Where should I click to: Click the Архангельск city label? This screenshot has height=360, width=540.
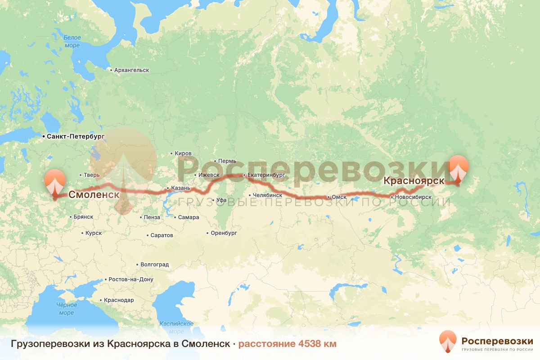tap(131, 70)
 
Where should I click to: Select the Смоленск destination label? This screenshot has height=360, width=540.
tap(94, 195)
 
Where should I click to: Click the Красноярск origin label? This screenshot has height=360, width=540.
tap(414, 181)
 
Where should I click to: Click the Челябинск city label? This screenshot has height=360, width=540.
tap(268, 195)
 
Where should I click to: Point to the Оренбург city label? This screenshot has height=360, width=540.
tap(224, 233)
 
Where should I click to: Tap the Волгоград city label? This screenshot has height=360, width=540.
tap(155, 265)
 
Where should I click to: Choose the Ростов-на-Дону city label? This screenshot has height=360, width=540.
tap(130, 279)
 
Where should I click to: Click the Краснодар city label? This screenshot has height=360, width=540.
tap(119, 300)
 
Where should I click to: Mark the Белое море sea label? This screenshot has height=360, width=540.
tap(72, 41)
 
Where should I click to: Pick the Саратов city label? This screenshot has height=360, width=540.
tap(162, 235)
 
